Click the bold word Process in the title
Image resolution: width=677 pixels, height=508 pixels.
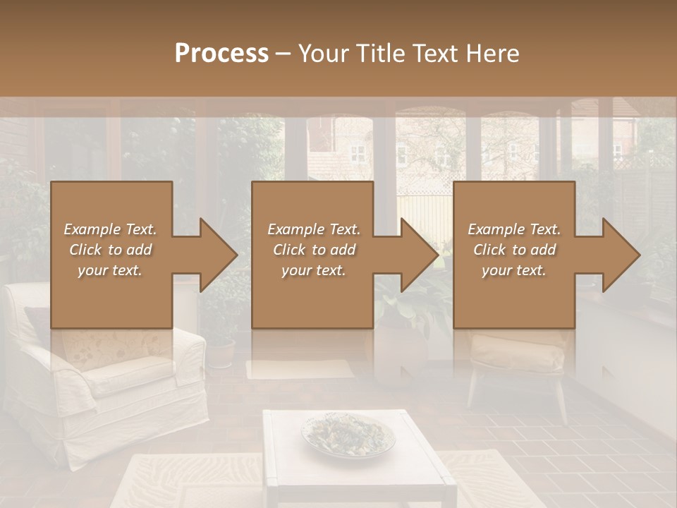(221, 54)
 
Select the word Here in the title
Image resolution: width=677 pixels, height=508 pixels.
(491, 54)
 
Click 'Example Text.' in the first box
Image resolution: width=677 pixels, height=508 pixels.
(111, 229)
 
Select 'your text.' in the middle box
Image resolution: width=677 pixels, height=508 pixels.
(314, 271)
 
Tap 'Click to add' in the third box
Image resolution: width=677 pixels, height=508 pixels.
(514, 250)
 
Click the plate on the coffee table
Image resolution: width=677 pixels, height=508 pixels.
(348, 434)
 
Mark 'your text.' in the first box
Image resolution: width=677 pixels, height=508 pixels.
(111, 271)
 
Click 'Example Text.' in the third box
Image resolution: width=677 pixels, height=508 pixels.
(514, 229)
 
